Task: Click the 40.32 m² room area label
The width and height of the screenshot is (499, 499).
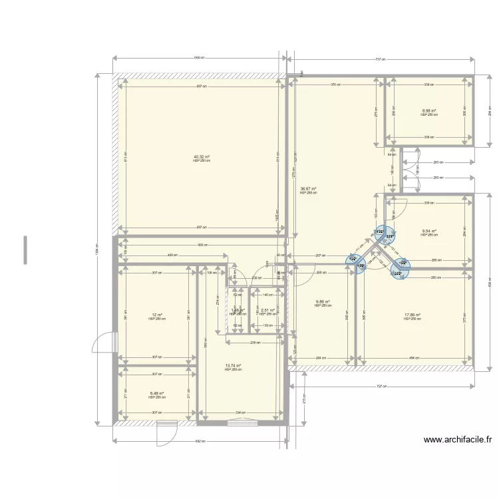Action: point(202,157)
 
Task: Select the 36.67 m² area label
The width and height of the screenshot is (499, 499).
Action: point(308,189)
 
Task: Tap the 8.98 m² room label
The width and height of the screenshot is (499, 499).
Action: point(428,111)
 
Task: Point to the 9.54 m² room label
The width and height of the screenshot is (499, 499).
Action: point(428,232)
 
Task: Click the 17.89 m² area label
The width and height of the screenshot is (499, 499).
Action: point(412,315)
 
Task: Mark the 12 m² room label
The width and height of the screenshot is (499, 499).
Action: point(157,315)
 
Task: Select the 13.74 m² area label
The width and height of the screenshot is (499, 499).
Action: point(233,365)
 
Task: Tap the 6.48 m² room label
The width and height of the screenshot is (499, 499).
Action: point(157,393)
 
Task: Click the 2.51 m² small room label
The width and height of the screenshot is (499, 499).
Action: point(267,310)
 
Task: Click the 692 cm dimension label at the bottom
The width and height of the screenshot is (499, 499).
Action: point(200,440)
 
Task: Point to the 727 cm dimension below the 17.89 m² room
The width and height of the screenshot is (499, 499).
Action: point(381,387)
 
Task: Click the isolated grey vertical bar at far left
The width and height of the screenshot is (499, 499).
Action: point(25,249)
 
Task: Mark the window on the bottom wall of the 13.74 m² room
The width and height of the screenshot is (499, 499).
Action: point(242,422)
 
